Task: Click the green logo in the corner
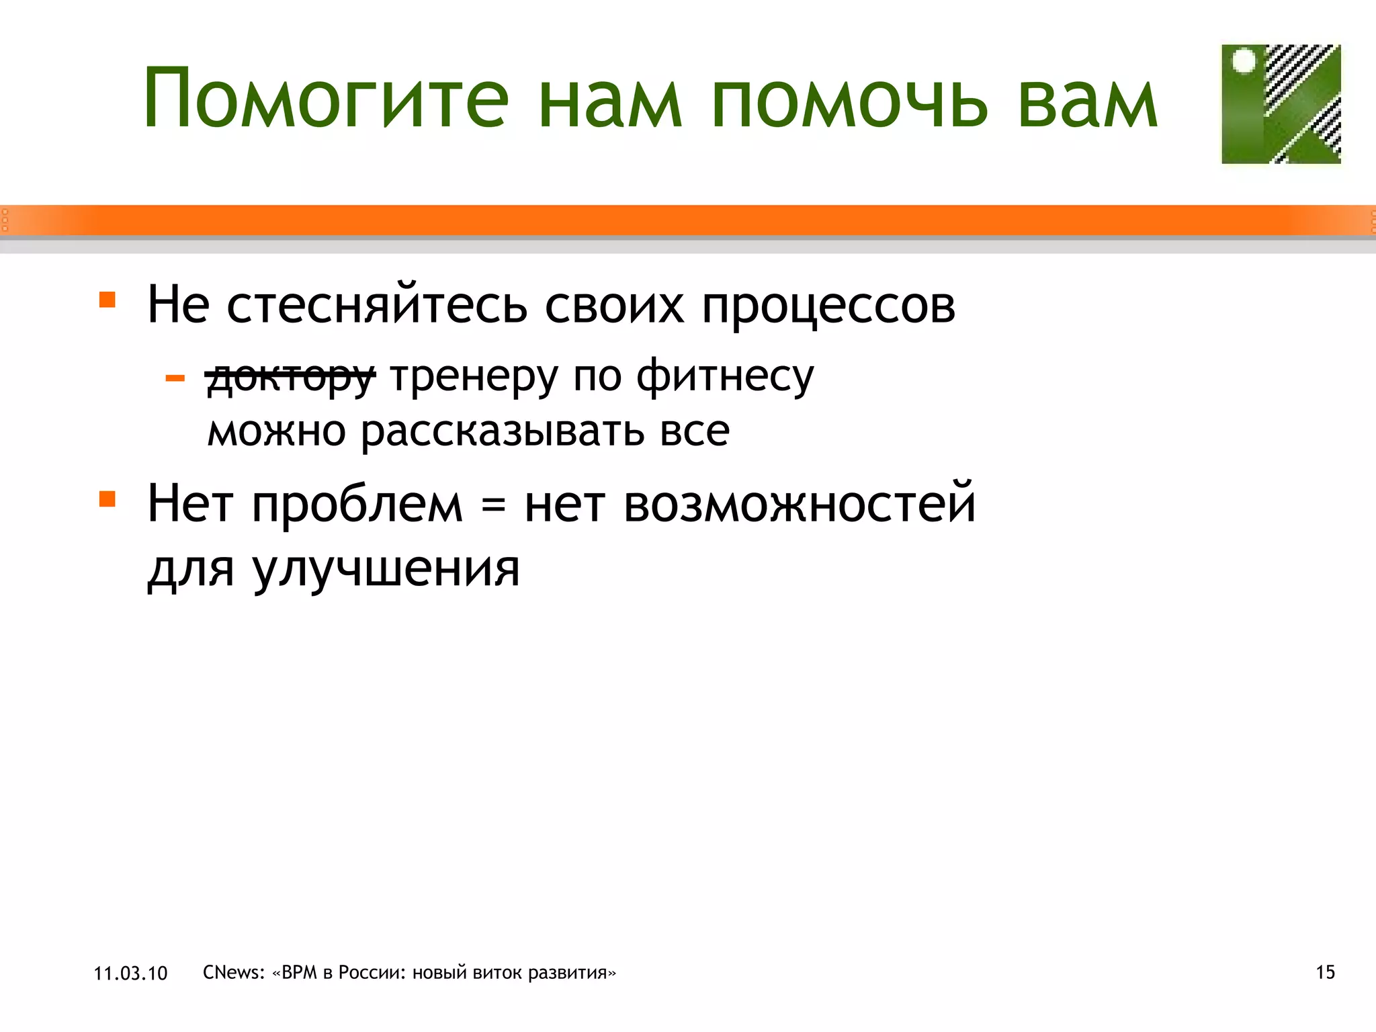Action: pos(1281,104)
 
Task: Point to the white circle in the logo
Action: pos(1244,61)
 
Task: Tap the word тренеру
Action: pos(474,376)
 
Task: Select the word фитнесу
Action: pos(725,376)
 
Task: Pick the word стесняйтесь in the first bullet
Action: pos(377,306)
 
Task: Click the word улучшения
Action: pos(386,570)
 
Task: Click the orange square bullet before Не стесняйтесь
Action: pos(107,299)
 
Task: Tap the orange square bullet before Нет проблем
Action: pos(107,499)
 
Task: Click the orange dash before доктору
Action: pos(175,379)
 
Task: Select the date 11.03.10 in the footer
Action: pos(130,974)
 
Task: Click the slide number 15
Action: pos(1325,972)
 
